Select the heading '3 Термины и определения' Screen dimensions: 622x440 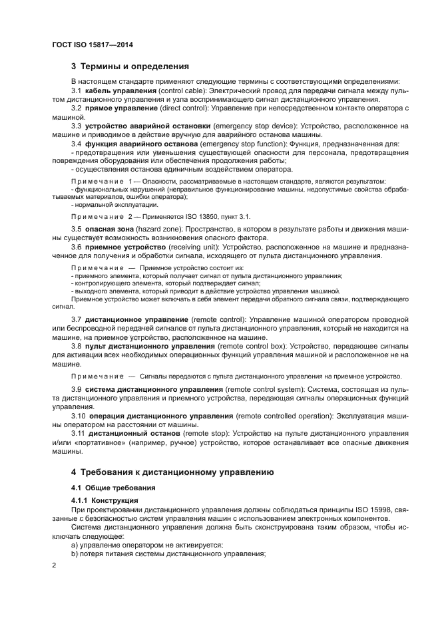point(130,67)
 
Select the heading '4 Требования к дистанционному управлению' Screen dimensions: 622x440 point(172,473)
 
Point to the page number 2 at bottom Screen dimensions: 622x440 point(55,565)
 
